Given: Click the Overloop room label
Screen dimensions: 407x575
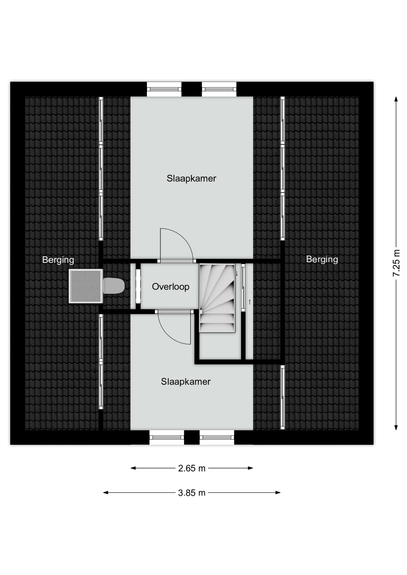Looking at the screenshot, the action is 171,287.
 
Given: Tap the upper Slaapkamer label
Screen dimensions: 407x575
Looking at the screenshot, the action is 192,178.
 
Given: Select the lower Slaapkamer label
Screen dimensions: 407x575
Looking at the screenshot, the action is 186,382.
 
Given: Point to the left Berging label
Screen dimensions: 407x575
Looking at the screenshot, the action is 58,260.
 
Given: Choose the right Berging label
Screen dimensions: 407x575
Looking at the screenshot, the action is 322,259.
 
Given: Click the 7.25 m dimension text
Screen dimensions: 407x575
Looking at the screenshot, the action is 396,263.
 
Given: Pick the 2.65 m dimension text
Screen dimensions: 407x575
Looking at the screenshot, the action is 192,468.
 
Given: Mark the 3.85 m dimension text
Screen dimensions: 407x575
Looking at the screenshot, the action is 192,493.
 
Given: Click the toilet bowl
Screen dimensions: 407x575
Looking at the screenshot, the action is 114,286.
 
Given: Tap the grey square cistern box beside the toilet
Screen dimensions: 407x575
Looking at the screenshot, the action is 86,286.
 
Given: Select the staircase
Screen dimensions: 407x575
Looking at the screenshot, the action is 217,298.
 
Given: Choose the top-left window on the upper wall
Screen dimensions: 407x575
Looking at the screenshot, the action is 164,89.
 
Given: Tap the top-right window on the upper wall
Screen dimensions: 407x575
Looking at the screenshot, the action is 219,89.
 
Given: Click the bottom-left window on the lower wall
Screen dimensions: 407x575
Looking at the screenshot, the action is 167,437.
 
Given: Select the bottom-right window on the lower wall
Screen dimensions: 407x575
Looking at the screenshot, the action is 217,437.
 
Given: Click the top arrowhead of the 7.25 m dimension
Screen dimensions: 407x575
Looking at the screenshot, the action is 396,99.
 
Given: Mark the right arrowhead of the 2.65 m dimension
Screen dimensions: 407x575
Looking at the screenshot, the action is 250,468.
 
